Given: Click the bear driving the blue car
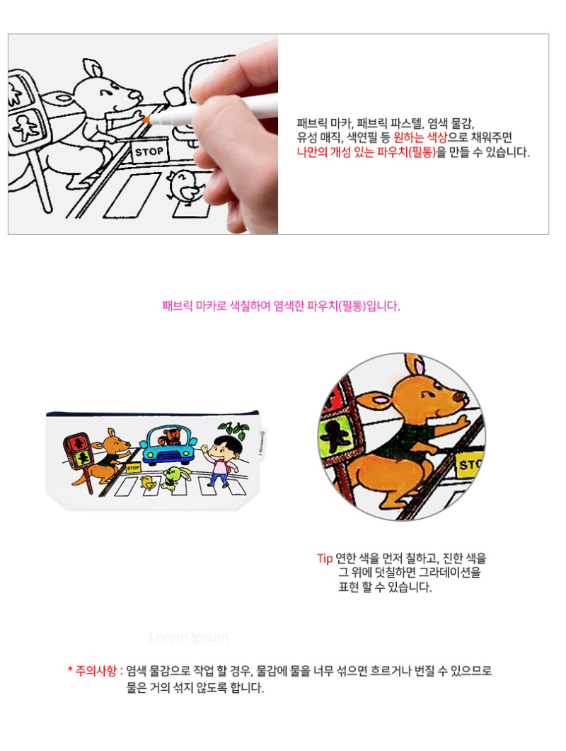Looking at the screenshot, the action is (x=171, y=436).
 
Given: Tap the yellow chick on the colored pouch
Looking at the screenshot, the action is (x=149, y=482).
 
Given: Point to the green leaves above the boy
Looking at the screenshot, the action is (x=233, y=429).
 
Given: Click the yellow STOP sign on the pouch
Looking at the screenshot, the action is (x=133, y=467).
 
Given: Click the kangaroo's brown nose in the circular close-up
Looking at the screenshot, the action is (x=460, y=396).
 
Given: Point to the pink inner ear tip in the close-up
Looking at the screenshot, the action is (x=420, y=367).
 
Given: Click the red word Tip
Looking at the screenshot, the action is (x=325, y=558).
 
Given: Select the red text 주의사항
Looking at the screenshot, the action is (x=96, y=670).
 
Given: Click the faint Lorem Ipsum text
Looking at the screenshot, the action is (x=188, y=638).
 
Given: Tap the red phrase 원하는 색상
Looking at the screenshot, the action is (x=420, y=137).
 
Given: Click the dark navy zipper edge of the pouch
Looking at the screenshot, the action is (x=152, y=413).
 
